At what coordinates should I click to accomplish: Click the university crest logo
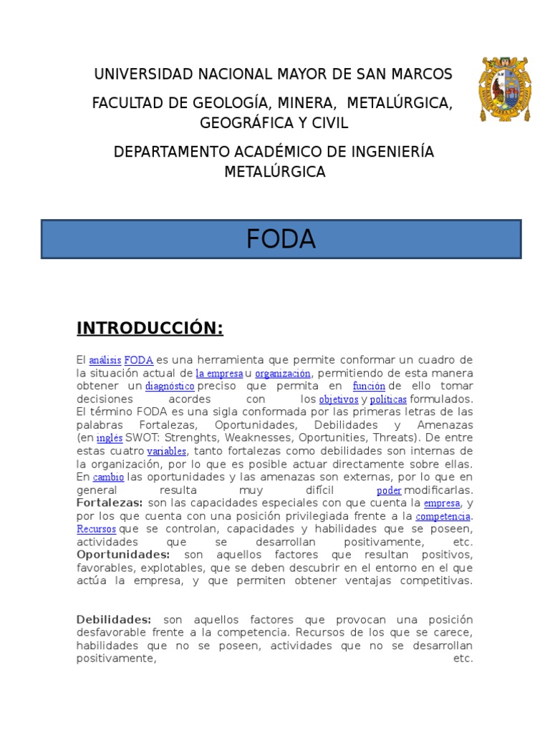point(506,89)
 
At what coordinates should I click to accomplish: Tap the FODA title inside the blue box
point(281,240)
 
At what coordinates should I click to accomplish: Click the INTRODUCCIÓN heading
point(150,329)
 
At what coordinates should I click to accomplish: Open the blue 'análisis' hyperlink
point(105,361)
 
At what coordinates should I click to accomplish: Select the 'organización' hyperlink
point(283,374)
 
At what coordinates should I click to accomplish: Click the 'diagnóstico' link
point(170,387)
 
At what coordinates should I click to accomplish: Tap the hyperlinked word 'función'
point(369,387)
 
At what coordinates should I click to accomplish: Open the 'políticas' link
point(388,399)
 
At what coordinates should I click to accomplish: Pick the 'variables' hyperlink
point(167,452)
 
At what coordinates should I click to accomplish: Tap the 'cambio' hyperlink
point(109,477)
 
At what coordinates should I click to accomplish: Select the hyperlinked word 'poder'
point(389,490)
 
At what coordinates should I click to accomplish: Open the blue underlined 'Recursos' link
point(97,529)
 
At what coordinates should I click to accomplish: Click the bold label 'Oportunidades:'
point(123,555)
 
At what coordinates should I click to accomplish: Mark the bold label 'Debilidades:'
point(114,619)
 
